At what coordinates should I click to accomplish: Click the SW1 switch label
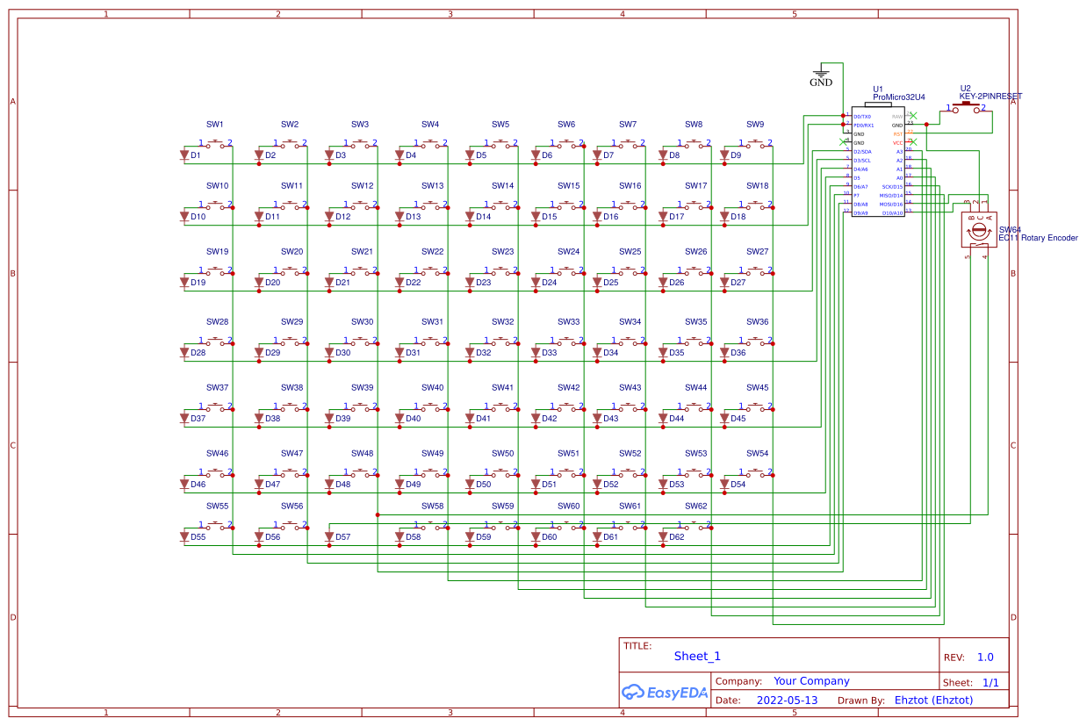[x=215, y=125]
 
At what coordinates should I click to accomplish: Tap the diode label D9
[x=736, y=155]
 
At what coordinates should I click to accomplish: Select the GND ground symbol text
[x=821, y=83]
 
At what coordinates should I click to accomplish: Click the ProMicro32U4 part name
[x=899, y=97]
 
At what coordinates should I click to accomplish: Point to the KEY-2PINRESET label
[x=990, y=97]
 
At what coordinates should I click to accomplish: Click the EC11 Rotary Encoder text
[x=1038, y=238]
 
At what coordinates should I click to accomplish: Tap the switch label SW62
[x=696, y=507]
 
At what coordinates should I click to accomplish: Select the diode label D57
[x=342, y=537]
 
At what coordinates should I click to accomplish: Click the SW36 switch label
[x=758, y=322]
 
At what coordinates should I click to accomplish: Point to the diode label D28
[x=198, y=353]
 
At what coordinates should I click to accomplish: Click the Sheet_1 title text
[x=697, y=656]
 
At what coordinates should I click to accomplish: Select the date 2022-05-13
[x=787, y=701]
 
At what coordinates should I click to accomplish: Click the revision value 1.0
[x=985, y=658]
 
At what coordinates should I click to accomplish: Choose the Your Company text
[x=811, y=681]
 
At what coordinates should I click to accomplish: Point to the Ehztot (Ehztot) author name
[x=933, y=701]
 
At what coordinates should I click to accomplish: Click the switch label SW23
[x=503, y=252]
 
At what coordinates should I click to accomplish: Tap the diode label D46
[x=198, y=485]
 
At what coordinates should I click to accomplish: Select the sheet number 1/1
[x=990, y=682]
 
